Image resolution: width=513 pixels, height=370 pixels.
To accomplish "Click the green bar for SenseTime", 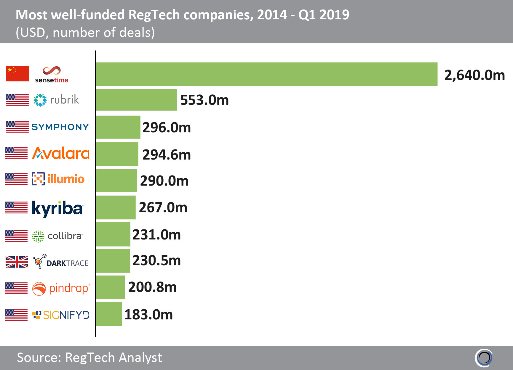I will [266, 74].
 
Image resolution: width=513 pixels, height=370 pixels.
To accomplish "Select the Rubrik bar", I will [136, 100].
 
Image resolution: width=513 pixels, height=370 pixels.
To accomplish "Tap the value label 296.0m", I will [167, 128].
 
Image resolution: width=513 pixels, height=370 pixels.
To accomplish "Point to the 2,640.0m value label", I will [474, 75].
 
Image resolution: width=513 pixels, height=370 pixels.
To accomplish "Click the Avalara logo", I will [61, 153].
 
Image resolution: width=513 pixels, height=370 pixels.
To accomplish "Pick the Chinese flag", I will [17, 74].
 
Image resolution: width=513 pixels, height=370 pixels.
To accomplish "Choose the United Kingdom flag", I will [17, 262].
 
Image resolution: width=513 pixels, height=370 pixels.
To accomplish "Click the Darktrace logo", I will [61, 261].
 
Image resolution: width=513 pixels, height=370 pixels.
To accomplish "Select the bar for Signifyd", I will [108, 314].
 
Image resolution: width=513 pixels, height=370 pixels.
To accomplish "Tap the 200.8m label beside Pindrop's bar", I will [152, 287].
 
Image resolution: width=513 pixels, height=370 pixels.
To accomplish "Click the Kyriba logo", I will [58, 208].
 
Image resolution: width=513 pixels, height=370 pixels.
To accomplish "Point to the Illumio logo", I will [58, 179].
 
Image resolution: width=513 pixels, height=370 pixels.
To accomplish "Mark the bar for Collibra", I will [113, 234].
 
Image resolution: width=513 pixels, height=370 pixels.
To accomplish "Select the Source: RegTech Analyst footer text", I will [89, 358].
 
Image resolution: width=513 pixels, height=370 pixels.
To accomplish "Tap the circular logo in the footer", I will [484, 358].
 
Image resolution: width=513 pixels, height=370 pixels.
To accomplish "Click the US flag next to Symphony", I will [17, 127].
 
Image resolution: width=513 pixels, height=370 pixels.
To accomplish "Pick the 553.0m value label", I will [204, 100].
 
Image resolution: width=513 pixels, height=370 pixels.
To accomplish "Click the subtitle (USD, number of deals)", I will [85, 33].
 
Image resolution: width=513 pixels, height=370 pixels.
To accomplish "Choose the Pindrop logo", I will [61, 289].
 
